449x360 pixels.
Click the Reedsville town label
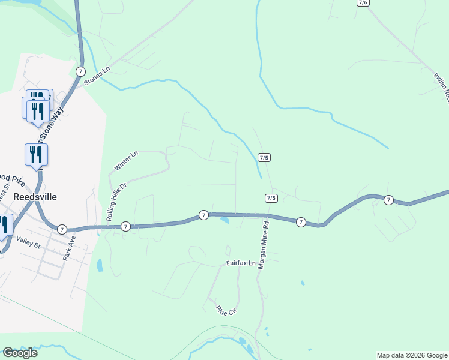pos(35,196)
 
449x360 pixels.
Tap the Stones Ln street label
pos(98,76)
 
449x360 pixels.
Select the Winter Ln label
pos(126,160)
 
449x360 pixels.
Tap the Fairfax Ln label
pos(241,263)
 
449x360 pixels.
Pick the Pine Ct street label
pos(227,310)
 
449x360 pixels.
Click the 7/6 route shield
pos(363,2)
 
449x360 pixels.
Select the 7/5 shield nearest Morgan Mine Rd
pos(271,198)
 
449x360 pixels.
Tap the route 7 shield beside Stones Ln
pos(80,71)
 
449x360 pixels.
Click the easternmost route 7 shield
pos(388,200)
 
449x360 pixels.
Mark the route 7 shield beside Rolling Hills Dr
pos(125,226)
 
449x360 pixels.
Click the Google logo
pos(20,353)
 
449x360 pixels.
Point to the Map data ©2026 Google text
pos(412,355)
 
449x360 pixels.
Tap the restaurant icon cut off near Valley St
pos(4,225)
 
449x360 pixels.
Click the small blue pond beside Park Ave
pos(100,264)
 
